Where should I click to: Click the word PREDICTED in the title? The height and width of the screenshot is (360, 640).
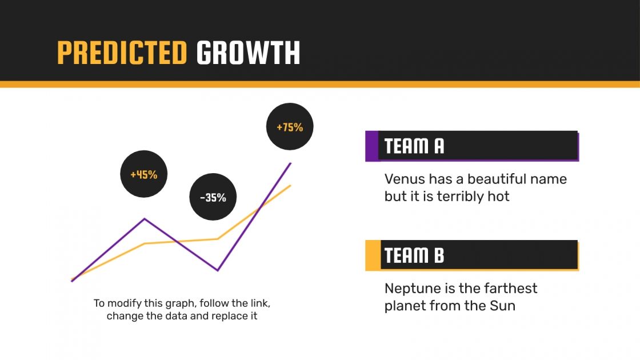pyautogui.click(x=122, y=53)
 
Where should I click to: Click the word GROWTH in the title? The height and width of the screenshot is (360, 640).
pyautogui.click(x=248, y=53)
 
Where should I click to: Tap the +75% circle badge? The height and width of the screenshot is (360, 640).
pyautogui.click(x=290, y=127)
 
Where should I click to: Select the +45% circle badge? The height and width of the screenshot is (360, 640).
pyautogui.click(x=144, y=174)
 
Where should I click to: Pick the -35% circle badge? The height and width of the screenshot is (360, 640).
pyautogui.click(x=213, y=198)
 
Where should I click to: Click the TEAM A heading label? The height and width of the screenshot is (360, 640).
pyautogui.click(x=414, y=146)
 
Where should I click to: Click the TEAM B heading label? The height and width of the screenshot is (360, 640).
pyautogui.click(x=414, y=255)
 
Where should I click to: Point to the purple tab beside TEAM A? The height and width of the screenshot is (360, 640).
pyautogui.click(x=371, y=146)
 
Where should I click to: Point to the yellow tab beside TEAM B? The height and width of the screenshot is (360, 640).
pyautogui.click(x=373, y=255)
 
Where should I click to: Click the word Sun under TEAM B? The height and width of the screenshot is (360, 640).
pyautogui.click(x=502, y=306)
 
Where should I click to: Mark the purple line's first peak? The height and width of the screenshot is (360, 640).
pyautogui.click(x=145, y=218)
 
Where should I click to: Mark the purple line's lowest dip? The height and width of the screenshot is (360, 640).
pyautogui.click(x=218, y=270)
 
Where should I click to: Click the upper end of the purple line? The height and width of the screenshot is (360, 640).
pyautogui.click(x=291, y=163)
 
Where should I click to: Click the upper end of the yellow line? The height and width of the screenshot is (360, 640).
pyautogui.click(x=291, y=185)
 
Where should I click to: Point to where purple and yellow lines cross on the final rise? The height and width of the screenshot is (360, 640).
pyautogui.click(x=261, y=208)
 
